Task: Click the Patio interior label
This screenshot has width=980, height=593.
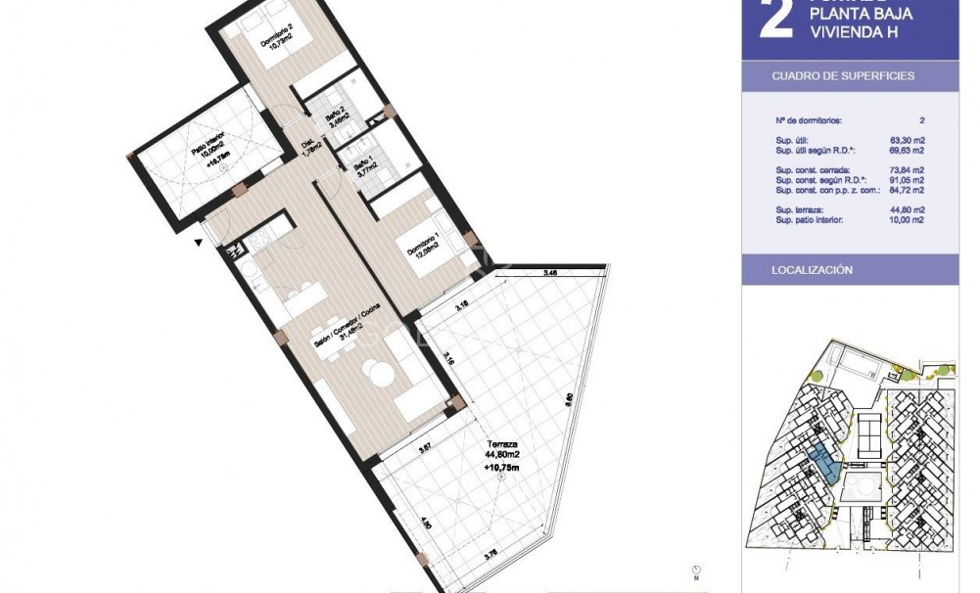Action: click(210, 148)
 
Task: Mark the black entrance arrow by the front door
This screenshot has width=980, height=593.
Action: click(201, 243)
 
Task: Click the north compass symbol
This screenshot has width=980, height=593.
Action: click(695, 570)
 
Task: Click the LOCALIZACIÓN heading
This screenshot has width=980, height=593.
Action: click(812, 269)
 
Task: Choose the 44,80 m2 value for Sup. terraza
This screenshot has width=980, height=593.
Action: click(907, 210)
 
